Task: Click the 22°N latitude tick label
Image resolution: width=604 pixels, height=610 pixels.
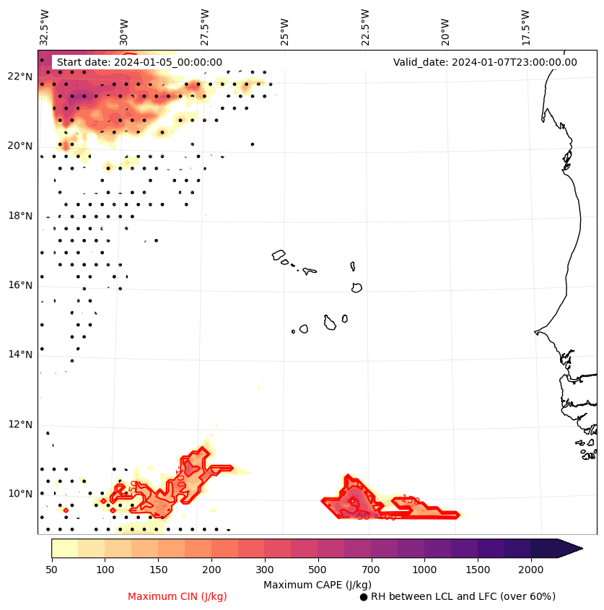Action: [20, 77]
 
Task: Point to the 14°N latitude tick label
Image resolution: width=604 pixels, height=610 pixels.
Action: [20, 354]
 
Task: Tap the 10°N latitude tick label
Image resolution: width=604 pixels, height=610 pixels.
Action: [20, 494]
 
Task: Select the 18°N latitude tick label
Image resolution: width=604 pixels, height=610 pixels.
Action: [20, 216]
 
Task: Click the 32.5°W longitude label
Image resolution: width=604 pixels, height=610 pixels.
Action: [45, 26]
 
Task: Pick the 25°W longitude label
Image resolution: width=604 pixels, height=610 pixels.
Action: [285, 30]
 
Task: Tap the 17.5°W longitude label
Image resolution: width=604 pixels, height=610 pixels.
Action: [525, 26]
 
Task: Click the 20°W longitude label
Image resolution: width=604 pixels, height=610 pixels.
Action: [445, 30]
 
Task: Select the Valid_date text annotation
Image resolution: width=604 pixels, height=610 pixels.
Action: [485, 62]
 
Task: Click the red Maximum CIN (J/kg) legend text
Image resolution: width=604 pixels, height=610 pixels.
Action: [178, 597]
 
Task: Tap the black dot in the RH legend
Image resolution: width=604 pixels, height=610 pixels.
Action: [364, 597]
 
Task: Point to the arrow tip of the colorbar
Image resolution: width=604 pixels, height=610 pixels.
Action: [582, 548]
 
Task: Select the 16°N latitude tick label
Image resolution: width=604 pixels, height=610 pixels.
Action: [20, 285]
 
